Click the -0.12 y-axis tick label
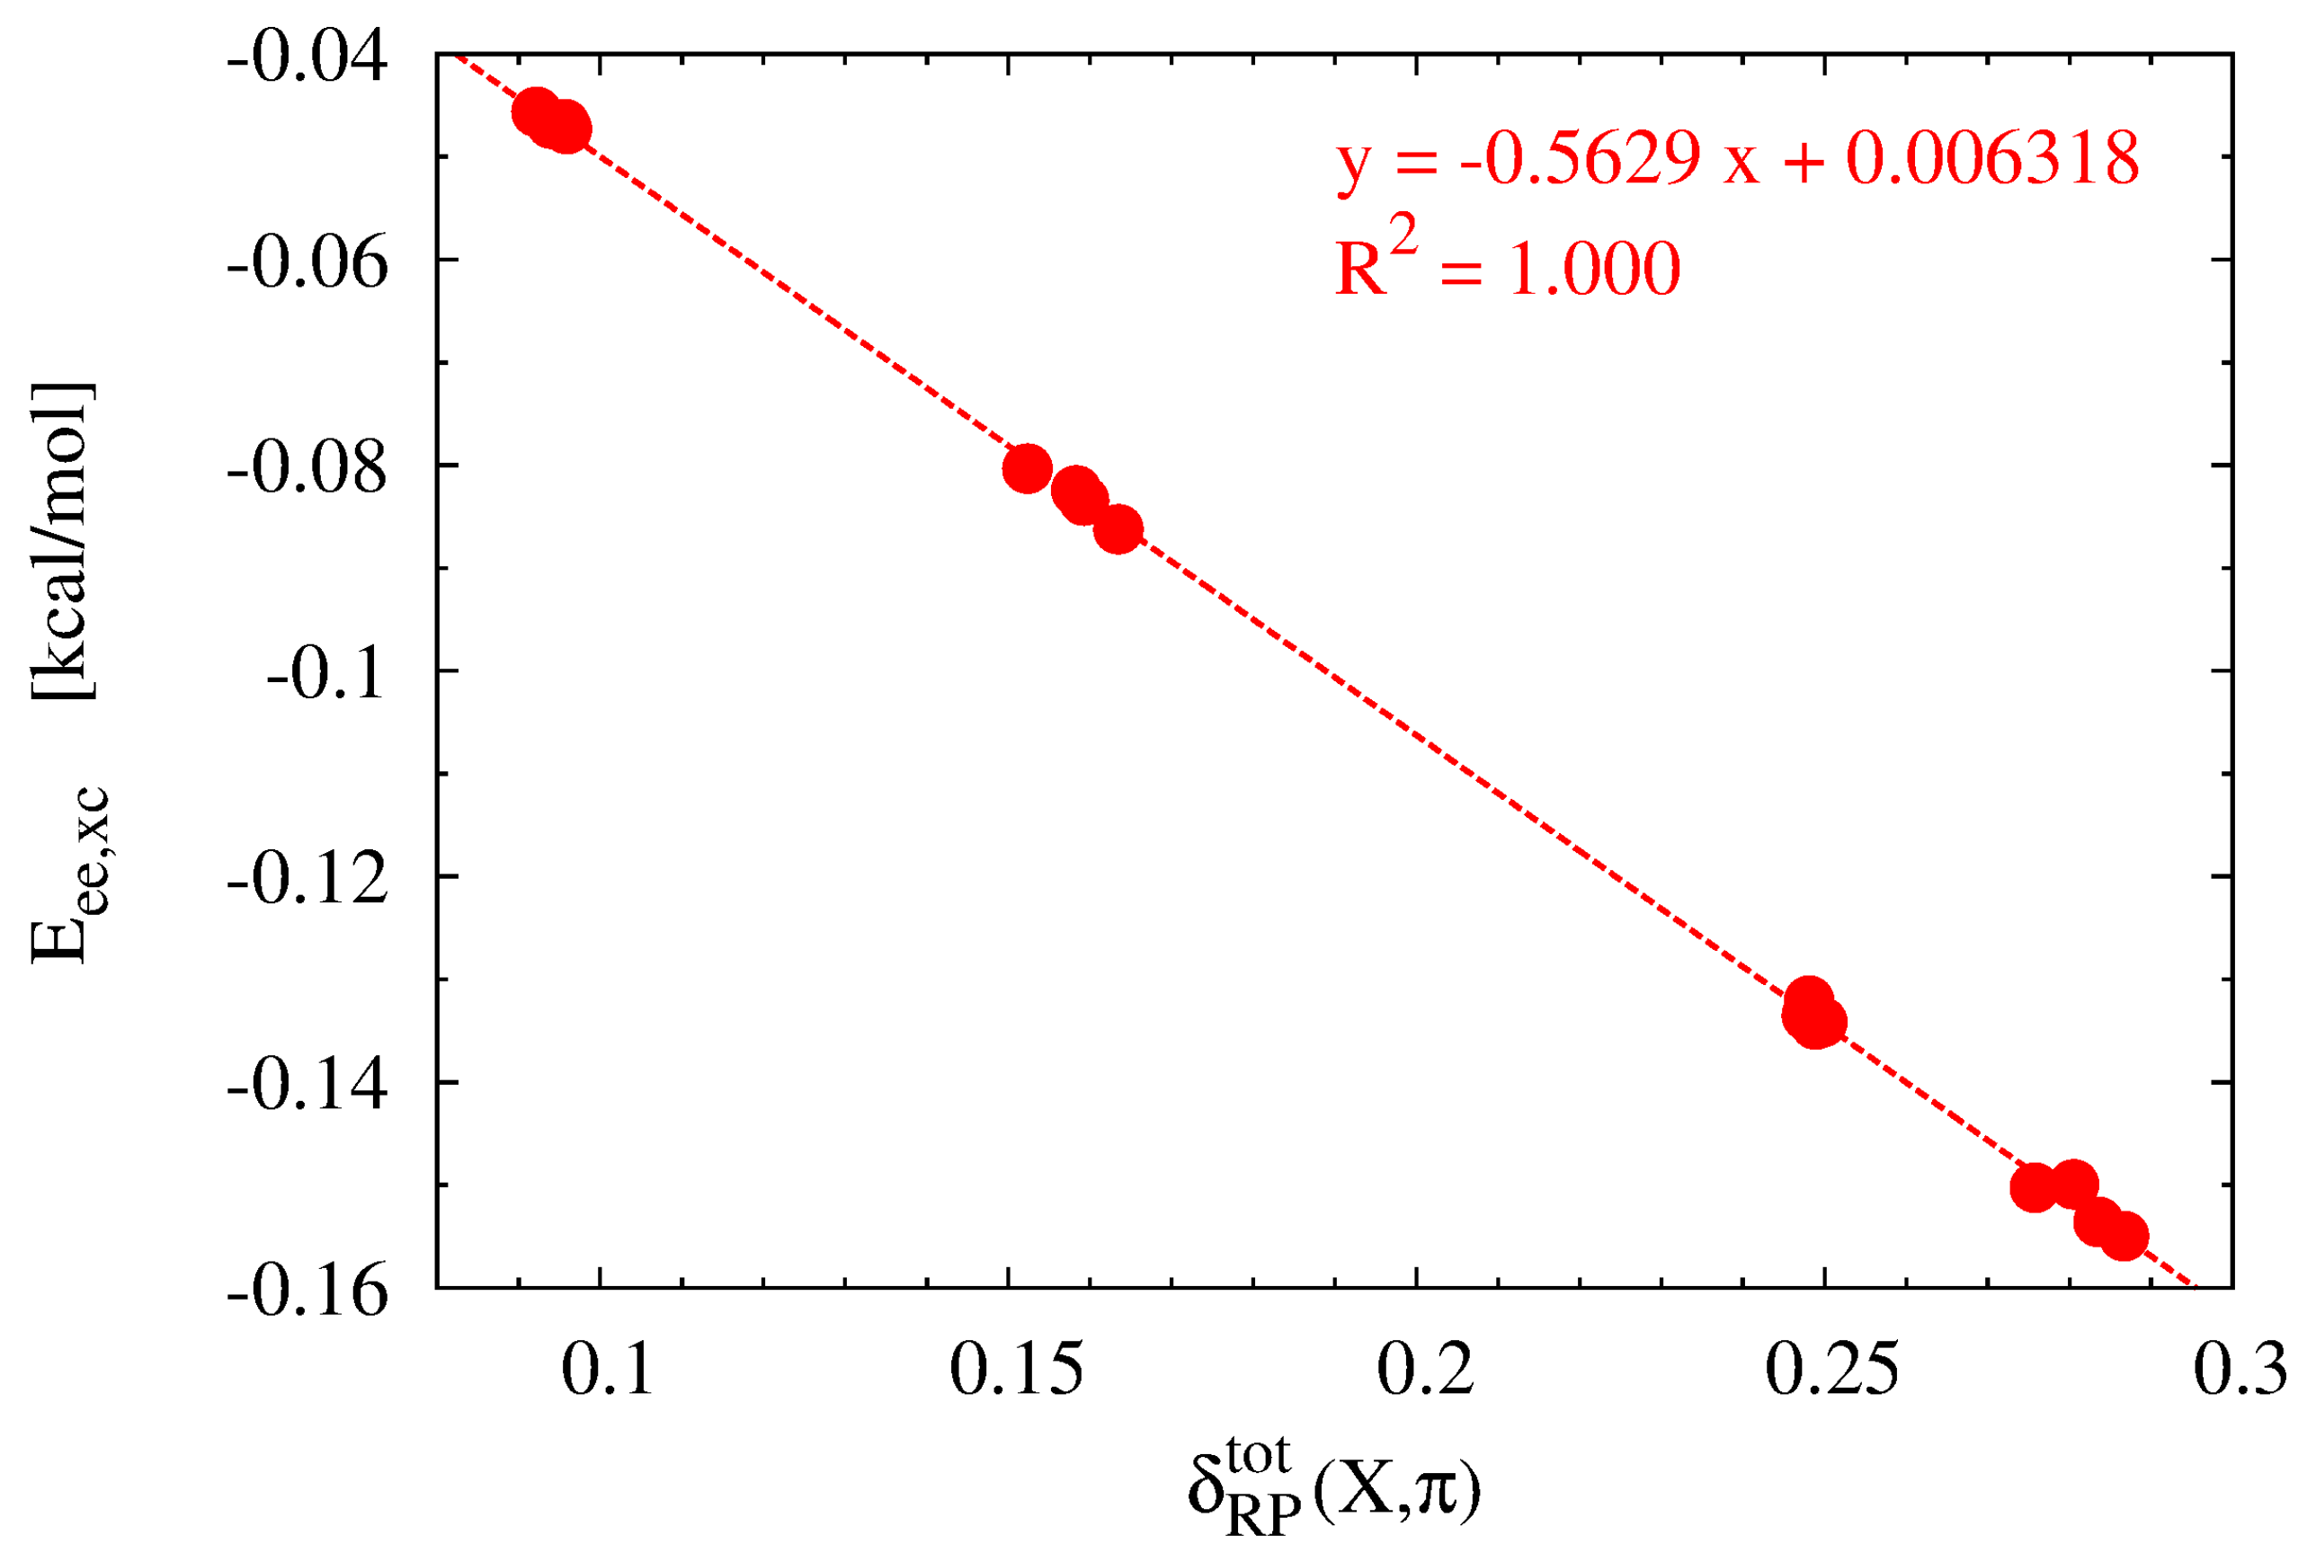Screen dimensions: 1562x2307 coord(307,880)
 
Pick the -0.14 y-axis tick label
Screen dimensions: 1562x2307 coord(307,1087)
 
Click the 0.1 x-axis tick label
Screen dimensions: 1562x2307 coord(607,1371)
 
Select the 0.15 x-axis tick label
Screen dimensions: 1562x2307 coord(1016,1371)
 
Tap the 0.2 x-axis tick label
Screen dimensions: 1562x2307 coord(1424,1371)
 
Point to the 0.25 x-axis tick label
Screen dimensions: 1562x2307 coord(1831,1371)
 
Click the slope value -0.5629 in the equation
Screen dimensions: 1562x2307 coord(1580,159)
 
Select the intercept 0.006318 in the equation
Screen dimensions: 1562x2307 coord(1991,159)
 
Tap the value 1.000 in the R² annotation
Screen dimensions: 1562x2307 coord(1594,269)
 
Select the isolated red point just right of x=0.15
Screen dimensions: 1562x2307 coord(1028,468)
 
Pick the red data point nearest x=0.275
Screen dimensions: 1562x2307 coord(2034,1188)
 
